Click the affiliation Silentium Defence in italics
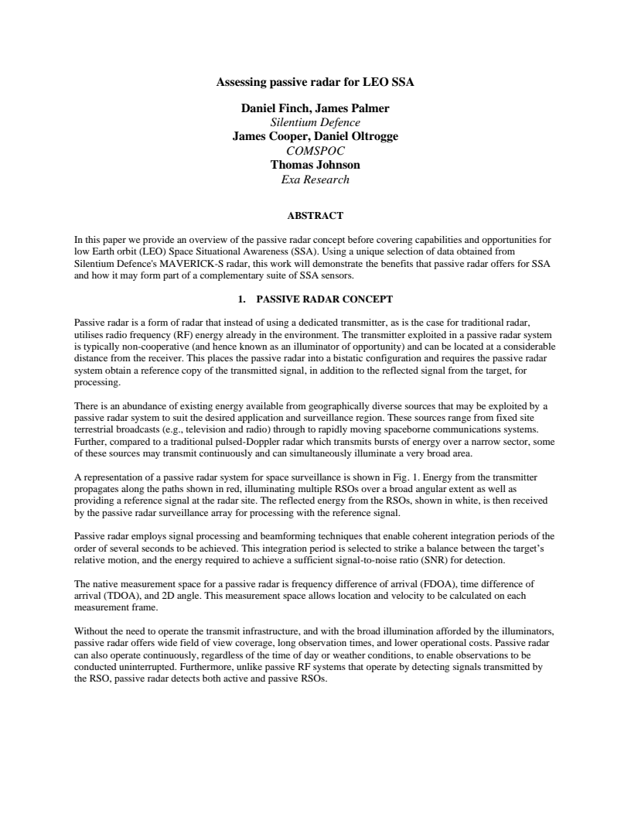(x=315, y=122)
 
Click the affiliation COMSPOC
(x=315, y=151)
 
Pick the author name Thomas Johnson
(x=315, y=165)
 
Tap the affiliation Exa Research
(x=315, y=179)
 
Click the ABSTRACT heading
(x=315, y=215)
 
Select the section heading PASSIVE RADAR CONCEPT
(x=325, y=299)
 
